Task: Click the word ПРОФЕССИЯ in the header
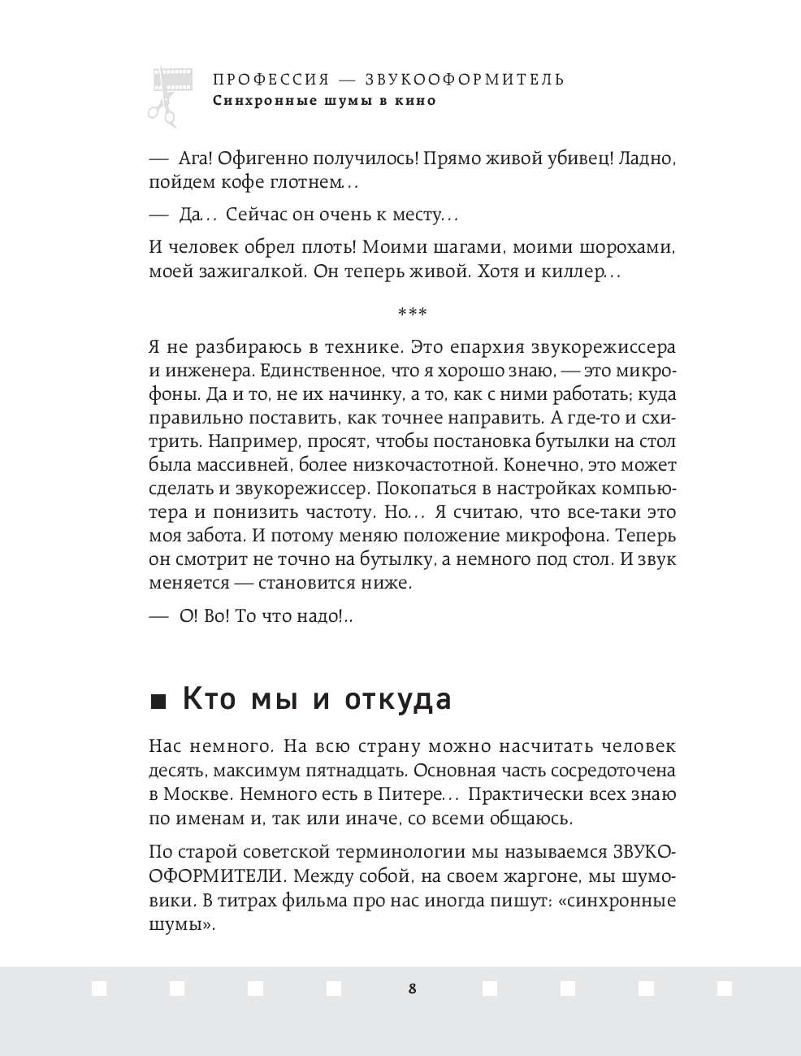(271, 80)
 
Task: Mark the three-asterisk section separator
(412, 313)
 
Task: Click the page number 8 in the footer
(412, 989)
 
